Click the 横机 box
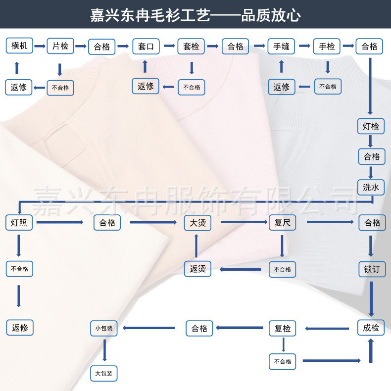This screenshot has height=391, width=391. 20,46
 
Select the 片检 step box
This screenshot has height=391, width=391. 60,46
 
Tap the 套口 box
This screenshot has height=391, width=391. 146,47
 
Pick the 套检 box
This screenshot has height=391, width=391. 191,47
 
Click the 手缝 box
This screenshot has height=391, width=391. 281,47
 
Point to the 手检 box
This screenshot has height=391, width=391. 326,47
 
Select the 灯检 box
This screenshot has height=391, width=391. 371,126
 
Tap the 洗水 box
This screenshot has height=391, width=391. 371,187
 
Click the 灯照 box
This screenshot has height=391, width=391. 19,223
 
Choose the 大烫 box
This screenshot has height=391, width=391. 197,223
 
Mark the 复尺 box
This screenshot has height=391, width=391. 282,223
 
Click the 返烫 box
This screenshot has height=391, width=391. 197,270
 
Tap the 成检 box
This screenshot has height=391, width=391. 371,327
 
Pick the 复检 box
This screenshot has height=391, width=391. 283,328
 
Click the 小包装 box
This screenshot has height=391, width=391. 104,328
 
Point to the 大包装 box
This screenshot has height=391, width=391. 104,373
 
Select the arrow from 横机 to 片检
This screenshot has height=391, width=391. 40,46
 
